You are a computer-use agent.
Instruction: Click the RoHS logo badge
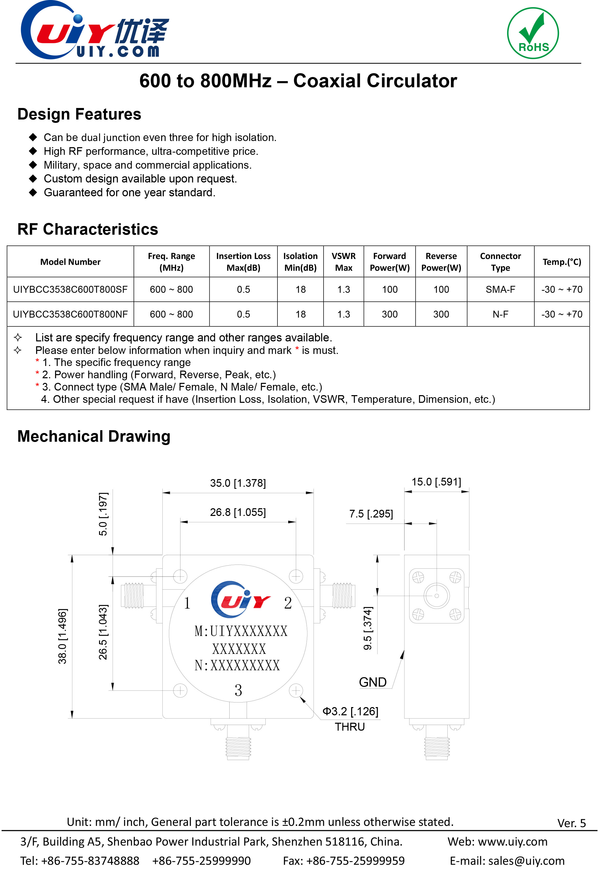533,33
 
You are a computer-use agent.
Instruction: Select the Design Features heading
79,114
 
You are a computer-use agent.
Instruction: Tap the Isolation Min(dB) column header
300,262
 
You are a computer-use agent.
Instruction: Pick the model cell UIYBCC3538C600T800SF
70,289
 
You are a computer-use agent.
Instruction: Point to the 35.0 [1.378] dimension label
238,483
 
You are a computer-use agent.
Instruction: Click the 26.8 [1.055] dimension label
238,512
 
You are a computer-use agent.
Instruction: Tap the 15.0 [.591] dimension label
436,482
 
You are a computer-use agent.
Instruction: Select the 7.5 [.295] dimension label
371,514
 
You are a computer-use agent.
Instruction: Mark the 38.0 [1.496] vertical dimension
62,636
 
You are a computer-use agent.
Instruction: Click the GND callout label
373,682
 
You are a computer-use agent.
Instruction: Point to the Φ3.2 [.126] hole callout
350,711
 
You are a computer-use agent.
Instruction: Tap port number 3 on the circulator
238,690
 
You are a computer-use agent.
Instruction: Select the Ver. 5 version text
571,823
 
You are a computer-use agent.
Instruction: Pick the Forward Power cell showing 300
389,314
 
